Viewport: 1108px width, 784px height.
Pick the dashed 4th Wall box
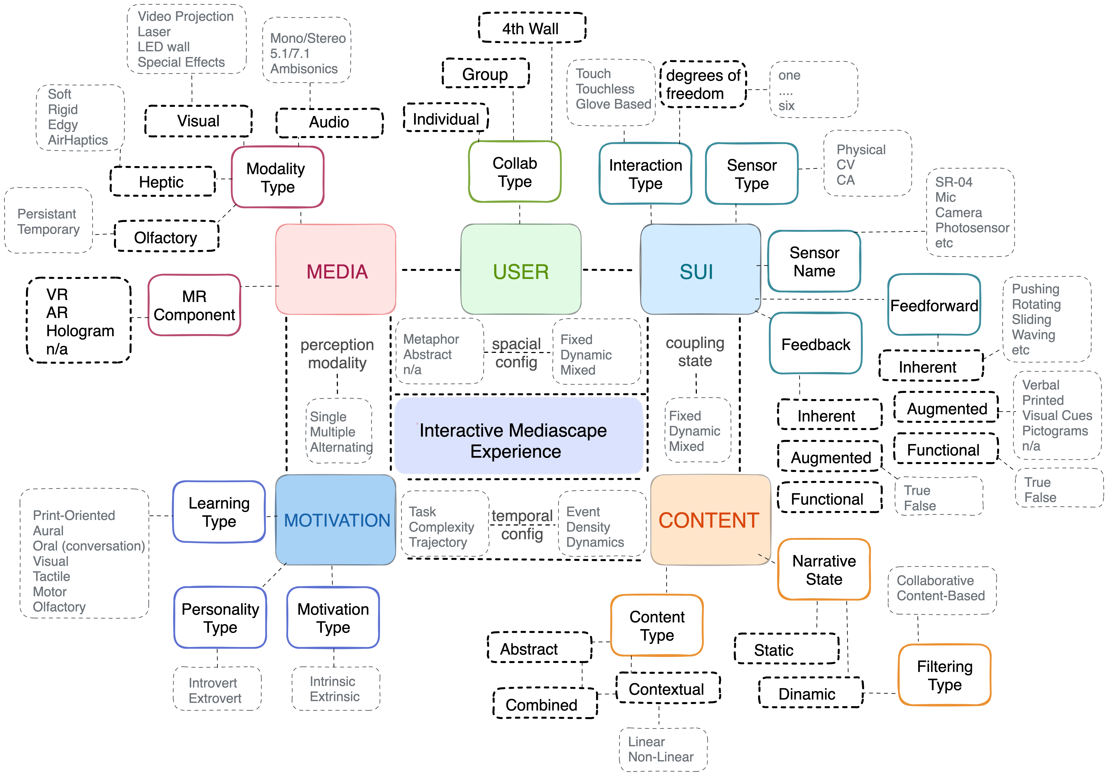pos(531,28)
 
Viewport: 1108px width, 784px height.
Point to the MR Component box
pos(194,305)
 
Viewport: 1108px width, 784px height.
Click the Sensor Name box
pos(814,261)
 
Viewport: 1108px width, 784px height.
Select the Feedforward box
pos(934,305)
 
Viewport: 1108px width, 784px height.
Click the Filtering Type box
pos(944,675)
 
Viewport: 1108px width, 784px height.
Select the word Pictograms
pos(1054,431)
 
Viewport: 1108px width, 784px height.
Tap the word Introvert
pos(213,683)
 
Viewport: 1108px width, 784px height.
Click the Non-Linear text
pos(660,757)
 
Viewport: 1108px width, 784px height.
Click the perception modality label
pos(337,353)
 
